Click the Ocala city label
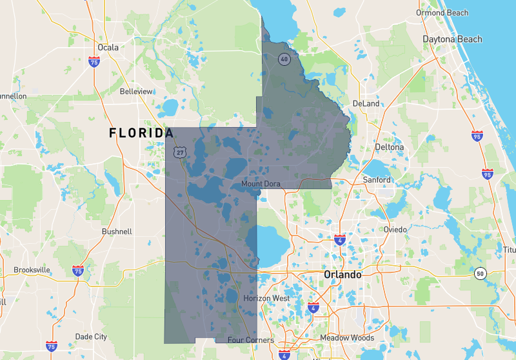click(108, 47)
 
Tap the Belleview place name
click(136, 92)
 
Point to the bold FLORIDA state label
click(141, 133)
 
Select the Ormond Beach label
click(442, 13)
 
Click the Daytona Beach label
click(452, 39)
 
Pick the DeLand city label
click(366, 103)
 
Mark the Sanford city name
click(377, 180)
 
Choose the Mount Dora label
click(261, 184)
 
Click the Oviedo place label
click(395, 230)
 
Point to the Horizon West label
click(267, 299)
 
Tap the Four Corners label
click(251, 340)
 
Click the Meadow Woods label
click(347, 338)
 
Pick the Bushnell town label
click(117, 231)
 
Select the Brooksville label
click(32, 270)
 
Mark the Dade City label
click(91, 337)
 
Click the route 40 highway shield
click(284, 59)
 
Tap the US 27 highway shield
click(179, 152)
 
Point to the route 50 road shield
click(479, 274)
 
